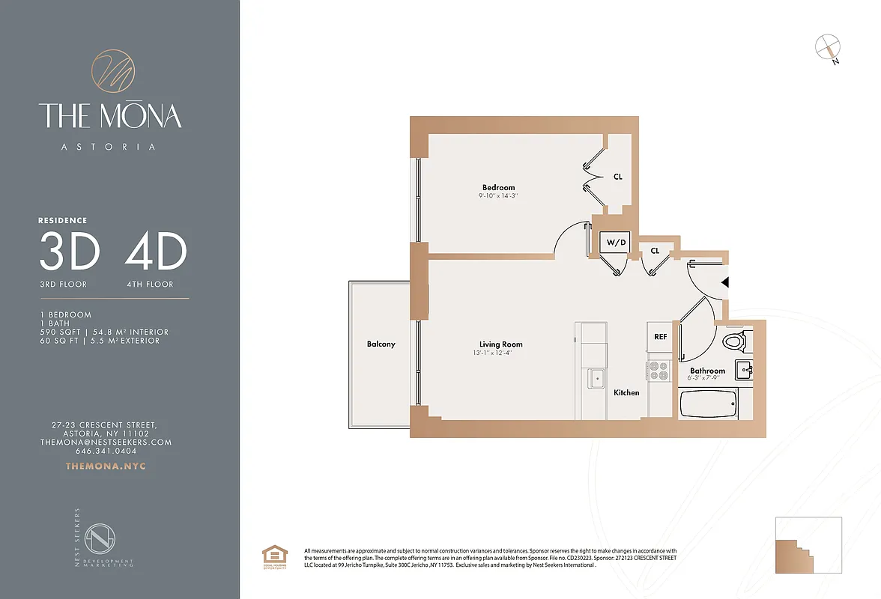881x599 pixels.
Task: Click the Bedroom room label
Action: click(498, 187)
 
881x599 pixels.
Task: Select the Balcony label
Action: click(381, 344)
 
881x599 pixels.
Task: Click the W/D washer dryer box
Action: click(616, 243)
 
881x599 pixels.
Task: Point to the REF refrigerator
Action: click(660, 337)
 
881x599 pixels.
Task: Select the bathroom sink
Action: click(745, 368)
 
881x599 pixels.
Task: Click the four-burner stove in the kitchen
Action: click(659, 371)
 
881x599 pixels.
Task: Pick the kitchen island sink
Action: click(596, 378)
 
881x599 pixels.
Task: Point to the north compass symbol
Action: click(826, 47)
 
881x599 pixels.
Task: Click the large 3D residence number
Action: click(69, 252)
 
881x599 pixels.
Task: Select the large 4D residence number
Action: click(156, 252)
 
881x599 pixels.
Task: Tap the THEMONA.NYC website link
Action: click(106, 466)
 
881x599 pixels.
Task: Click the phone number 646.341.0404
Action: click(106, 451)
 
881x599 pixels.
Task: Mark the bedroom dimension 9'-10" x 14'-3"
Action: click(498, 196)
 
